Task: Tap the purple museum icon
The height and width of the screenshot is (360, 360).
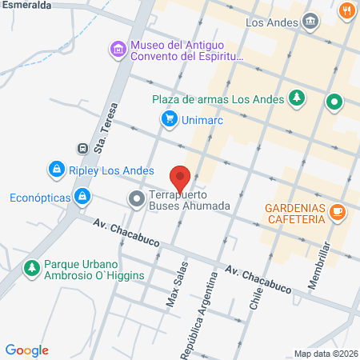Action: point(118,50)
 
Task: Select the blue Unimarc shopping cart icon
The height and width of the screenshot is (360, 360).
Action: point(169,120)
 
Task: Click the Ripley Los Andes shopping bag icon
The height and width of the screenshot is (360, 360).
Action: point(56,169)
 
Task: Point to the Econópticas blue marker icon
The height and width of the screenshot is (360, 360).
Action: point(82,195)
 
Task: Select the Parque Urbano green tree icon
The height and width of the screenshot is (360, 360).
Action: point(31,267)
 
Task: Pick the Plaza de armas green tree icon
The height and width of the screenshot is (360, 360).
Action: point(297,98)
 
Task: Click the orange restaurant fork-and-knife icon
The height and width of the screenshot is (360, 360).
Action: point(346,11)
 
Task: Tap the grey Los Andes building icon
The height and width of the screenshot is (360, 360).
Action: point(312,21)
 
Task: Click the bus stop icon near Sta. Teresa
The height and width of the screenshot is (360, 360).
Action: point(82,148)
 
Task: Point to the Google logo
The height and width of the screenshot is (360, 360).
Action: point(27,350)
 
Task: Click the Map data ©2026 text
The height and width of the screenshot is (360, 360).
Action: point(325,354)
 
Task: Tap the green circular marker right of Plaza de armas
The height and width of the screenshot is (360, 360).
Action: point(334,102)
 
